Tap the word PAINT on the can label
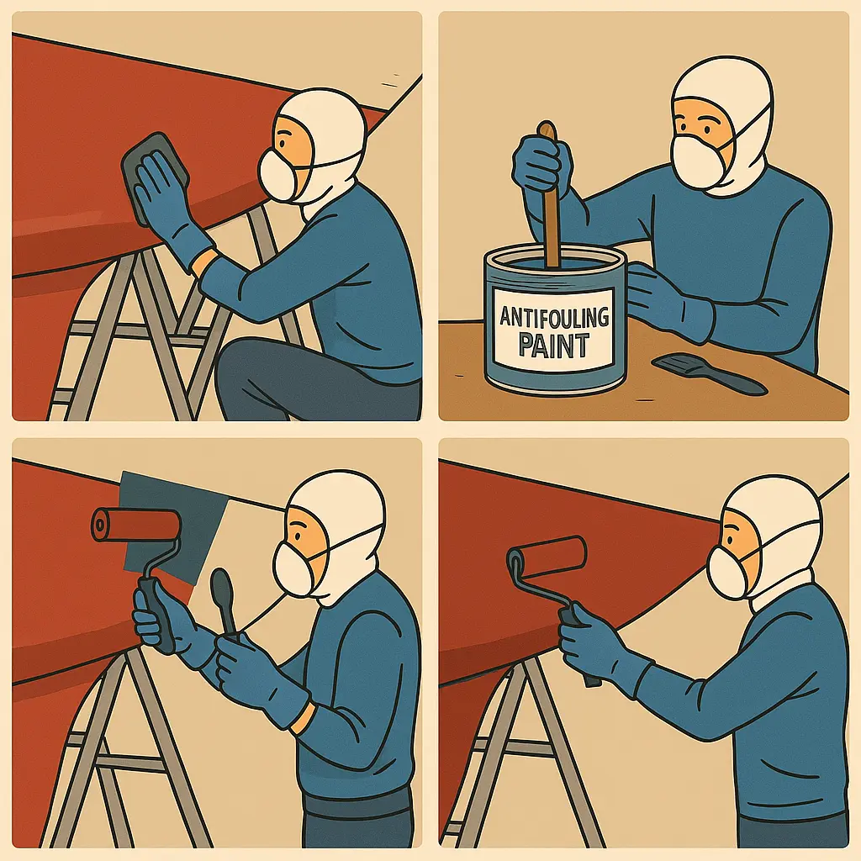554,346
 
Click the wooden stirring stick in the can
549,193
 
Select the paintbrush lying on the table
708,373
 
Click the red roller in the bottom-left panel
136,525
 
